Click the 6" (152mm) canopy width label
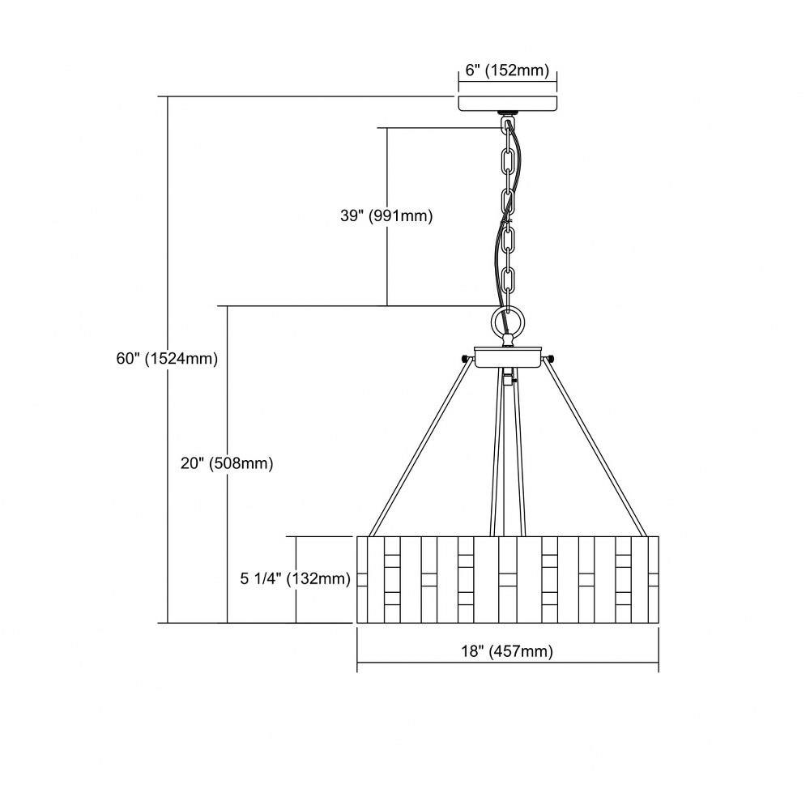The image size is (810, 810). pos(507,70)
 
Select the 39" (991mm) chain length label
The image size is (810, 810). pos(386,215)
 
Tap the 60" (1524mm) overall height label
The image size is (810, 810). pos(167,358)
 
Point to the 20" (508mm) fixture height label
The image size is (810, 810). pos(227,463)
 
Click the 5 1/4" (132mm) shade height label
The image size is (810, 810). pos(295,578)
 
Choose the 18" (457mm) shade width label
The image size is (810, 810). pos(507,651)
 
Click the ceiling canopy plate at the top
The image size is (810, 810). pos(507,103)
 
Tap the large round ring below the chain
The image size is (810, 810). pos(509,322)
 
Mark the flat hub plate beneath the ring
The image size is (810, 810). pos(508,357)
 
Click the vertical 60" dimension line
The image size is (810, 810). pos(168,360)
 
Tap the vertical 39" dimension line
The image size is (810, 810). pos(387,216)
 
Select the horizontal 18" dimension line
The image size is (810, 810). pos(508,663)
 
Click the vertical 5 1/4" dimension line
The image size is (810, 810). pos(296,580)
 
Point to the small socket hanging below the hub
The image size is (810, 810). pos(509,377)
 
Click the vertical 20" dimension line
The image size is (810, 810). pos(228,464)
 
